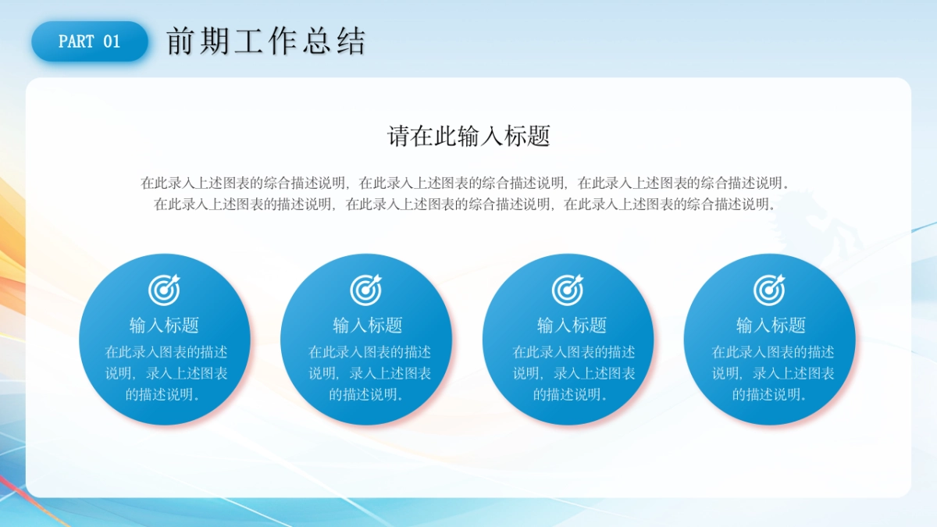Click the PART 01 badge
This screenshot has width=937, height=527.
[90, 41]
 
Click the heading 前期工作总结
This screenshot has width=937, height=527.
[266, 41]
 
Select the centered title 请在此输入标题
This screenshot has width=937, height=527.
[468, 136]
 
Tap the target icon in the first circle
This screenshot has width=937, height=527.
[164, 290]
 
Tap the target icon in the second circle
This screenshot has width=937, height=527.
[366, 290]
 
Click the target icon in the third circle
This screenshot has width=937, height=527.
[568, 290]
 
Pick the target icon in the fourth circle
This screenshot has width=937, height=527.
[769, 290]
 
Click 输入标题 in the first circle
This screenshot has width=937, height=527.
[164, 325]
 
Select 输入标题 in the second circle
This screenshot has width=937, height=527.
[367, 325]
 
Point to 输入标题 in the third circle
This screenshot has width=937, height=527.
[572, 325]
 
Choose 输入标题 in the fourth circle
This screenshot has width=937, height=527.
[771, 325]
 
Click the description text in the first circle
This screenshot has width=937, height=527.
[166, 373]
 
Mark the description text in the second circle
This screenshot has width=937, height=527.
[369, 373]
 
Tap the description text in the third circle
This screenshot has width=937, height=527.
[573, 373]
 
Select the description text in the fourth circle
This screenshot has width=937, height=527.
[772, 373]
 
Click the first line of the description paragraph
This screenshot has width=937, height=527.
[465, 183]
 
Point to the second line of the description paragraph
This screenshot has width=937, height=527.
[465, 204]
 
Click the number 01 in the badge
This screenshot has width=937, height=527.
[112, 41]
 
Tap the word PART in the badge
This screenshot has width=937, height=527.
[77, 41]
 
